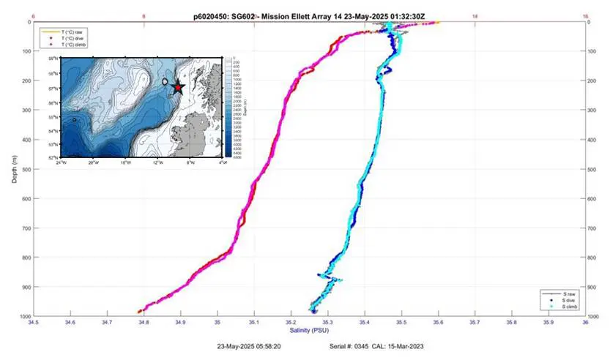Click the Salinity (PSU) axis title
[x=308, y=330]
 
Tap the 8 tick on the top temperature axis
[x=144, y=15]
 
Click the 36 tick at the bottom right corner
[x=585, y=321]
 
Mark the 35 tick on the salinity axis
[x=217, y=321]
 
